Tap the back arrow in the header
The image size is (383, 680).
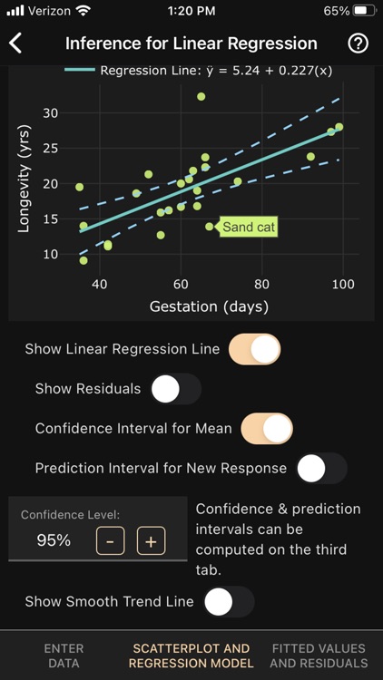15,44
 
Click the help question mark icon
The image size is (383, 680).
358,44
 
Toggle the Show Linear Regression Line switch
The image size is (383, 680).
255,349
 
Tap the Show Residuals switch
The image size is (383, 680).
176,389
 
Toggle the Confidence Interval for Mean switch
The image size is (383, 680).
267,429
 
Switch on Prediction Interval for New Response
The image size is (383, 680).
322,469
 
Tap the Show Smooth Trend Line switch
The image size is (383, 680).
229,601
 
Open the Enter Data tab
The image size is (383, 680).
64,656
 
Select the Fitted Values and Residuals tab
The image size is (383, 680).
319,656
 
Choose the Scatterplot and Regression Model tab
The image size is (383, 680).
191,656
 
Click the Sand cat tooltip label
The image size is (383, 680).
248,228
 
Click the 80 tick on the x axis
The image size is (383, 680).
262,284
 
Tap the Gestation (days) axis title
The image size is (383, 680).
209,306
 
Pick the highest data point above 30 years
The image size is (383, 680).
201,96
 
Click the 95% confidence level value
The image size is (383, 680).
54,540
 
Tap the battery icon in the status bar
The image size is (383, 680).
364,11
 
